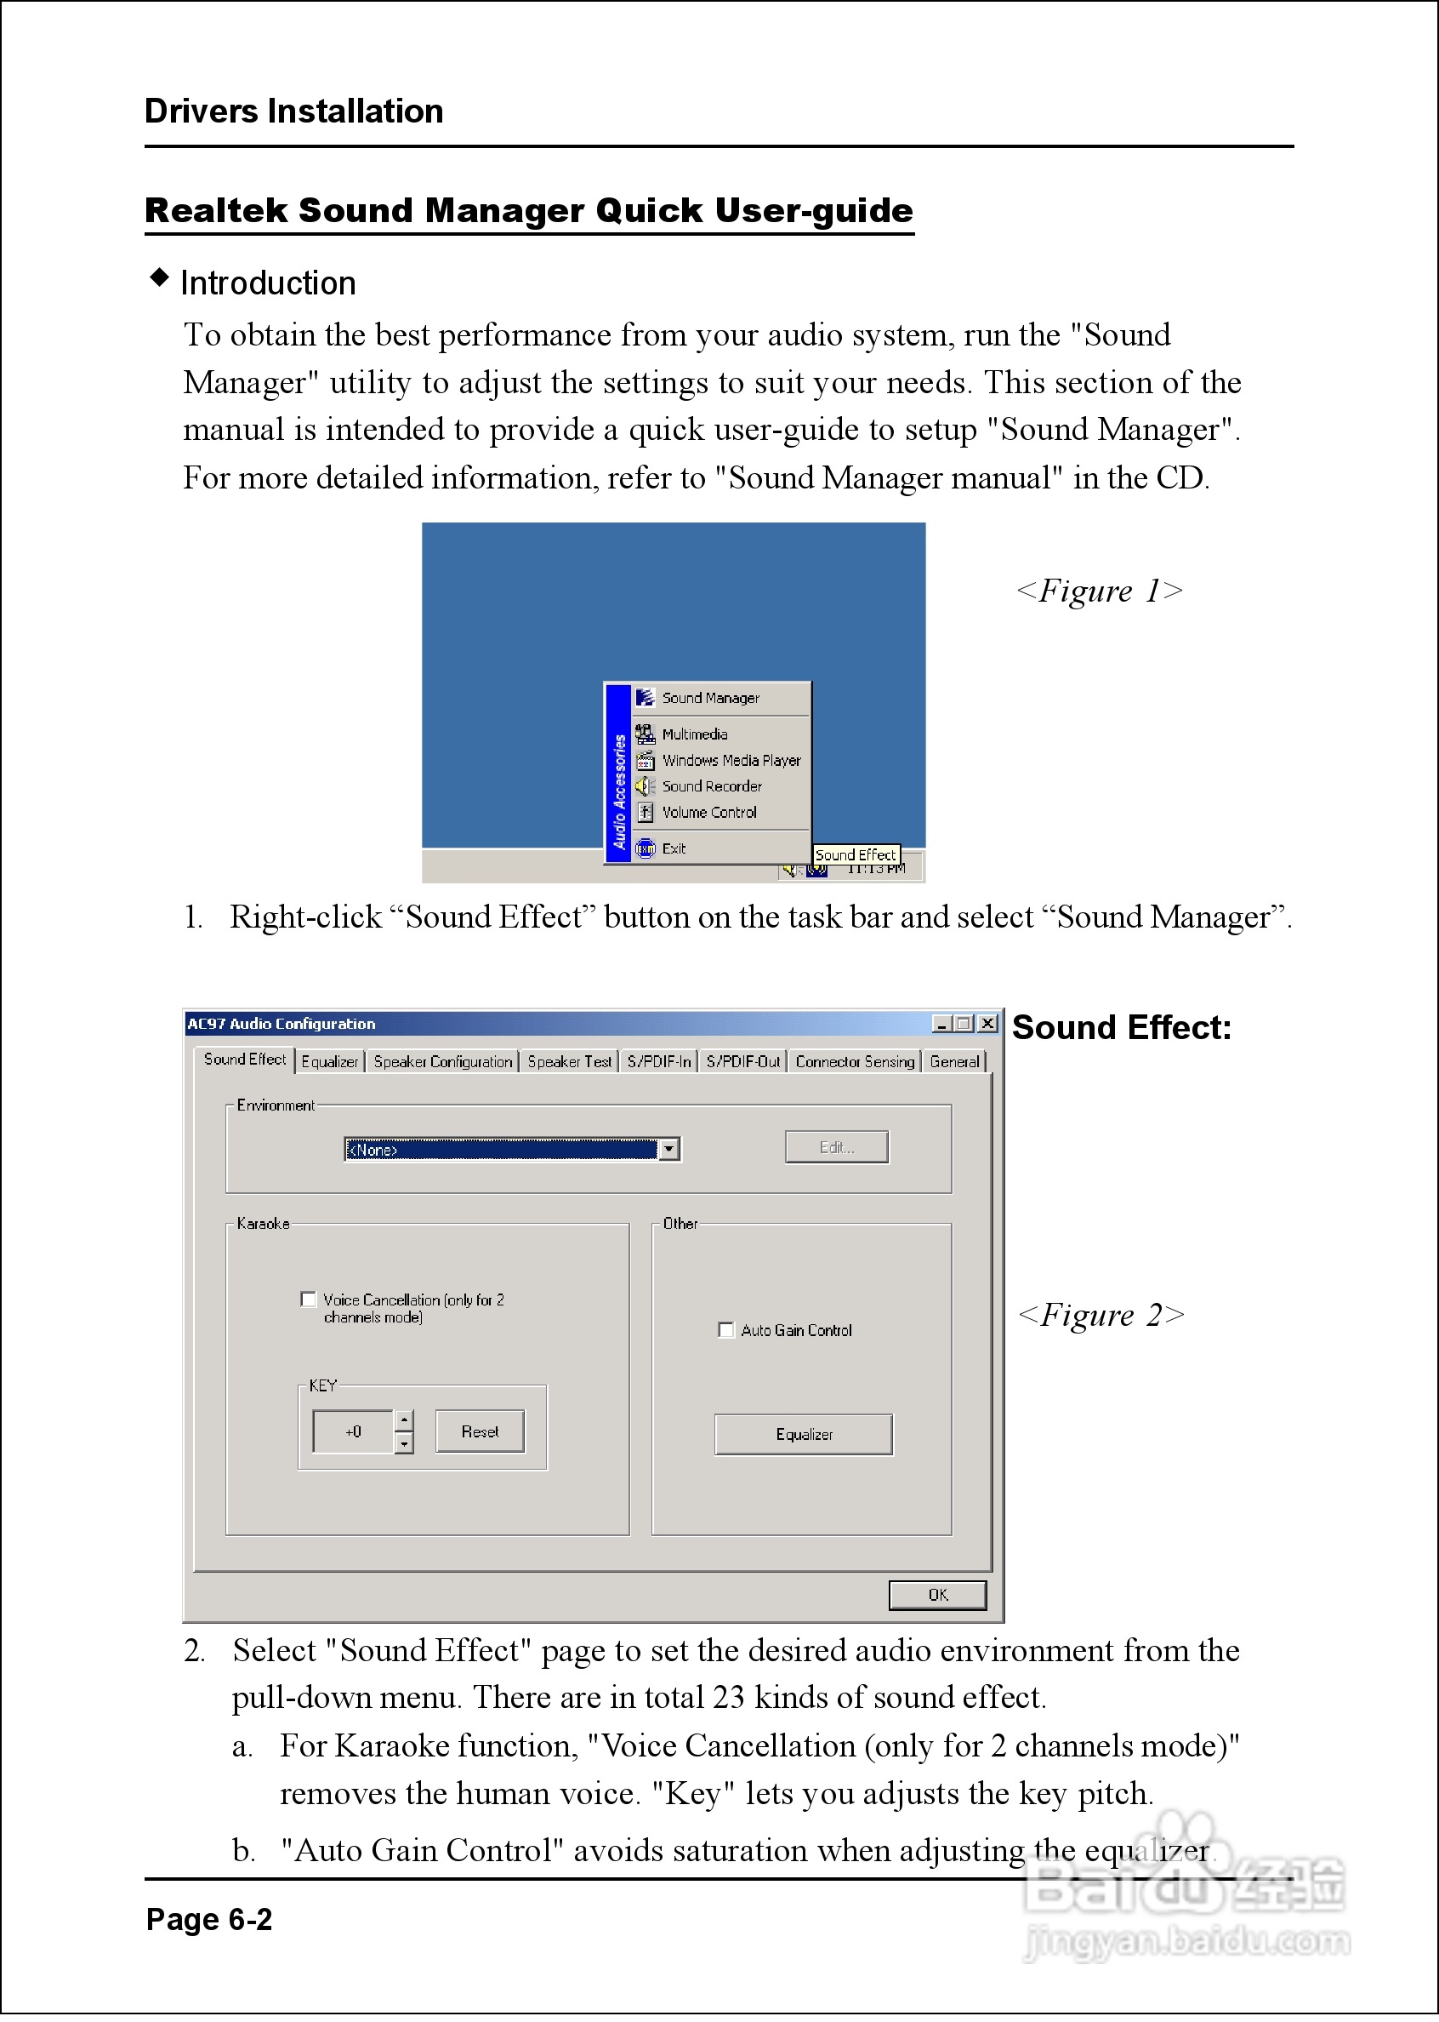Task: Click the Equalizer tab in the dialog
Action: [x=330, y=1062]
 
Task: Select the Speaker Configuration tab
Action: [x=443, y=1062]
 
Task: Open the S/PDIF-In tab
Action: [x=658, y=1062]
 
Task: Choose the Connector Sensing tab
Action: [x=854, y=1062]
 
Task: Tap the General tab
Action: [x=954, y=1062]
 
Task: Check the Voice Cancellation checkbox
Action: [x=309, y=1300]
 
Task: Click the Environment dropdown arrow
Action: [x=670, y=1150]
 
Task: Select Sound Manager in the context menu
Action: [x=710, y=699]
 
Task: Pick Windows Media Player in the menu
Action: [x=731, y=761]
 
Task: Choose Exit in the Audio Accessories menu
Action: [x=674, y=849]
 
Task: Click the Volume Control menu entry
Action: [x=708, y=813]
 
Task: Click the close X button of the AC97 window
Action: [x=988, y=1024]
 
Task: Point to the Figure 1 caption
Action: [x=1099, y=591]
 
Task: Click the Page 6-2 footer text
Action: [x=209, y=1920]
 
